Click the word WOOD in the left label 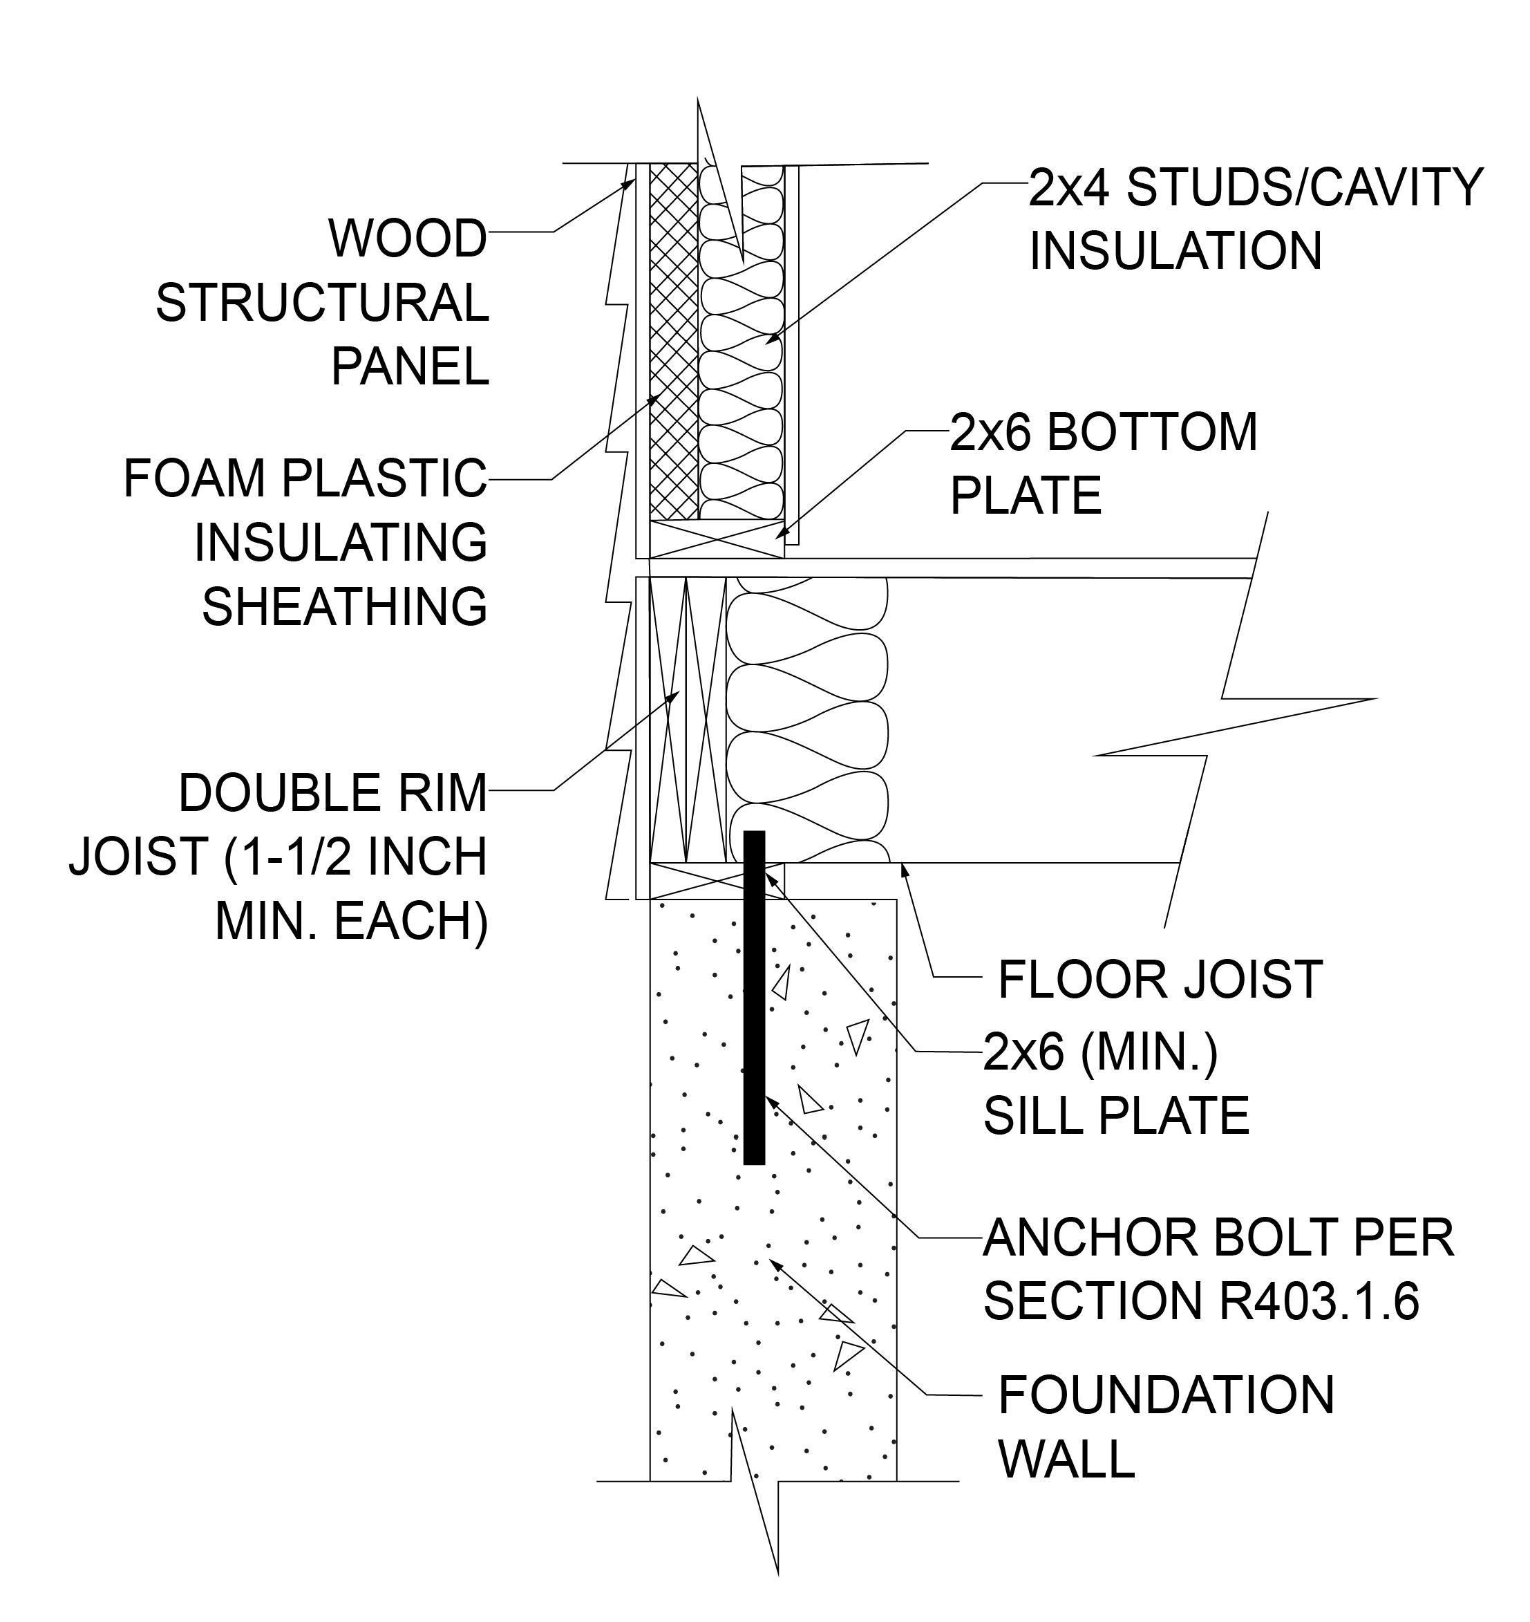pyautogui.click(x=407, y=239)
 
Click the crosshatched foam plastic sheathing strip pyautogui.click(x=674, y=343)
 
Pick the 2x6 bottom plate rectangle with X pyautogui.click(x=716, y=539)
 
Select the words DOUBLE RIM pyautogui.click(x=332, y=793)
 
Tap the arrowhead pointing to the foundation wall pyautogui.click(x=775, y=1265)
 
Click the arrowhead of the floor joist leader pyautogui.click(x=904, y=870)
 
